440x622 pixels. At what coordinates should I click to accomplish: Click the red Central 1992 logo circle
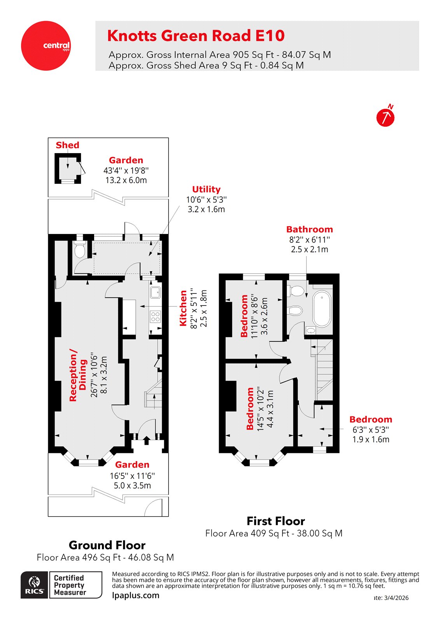coord(46,46)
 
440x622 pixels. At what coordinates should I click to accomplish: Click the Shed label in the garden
coord(67,145)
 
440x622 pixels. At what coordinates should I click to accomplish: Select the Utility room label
coord(206,189)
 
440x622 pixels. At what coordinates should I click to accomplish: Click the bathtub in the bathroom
coord(322,309)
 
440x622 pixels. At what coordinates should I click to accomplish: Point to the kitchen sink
coord(155,292)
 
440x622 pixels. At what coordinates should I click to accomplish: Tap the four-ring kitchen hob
coord(155,317)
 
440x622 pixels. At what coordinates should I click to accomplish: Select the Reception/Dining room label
coord(78,375)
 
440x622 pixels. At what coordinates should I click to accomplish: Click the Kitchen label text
coord(183,308)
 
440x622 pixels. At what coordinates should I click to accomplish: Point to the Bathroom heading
coord(309,229)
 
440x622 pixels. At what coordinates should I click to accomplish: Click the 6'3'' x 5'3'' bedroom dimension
coord(370,430)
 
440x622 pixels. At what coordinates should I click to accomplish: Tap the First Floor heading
coord(275,521)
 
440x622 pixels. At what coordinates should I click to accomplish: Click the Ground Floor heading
coord(107,545)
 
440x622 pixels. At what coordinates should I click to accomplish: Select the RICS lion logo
coord(35,584)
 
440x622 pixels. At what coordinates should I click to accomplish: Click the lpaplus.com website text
coord(135,595)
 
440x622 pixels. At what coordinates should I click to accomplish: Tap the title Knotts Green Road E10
coord(196,36)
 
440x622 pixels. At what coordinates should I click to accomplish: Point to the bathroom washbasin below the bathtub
coord(311,331)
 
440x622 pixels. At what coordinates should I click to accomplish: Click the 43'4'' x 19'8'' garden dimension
coord(126,170)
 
